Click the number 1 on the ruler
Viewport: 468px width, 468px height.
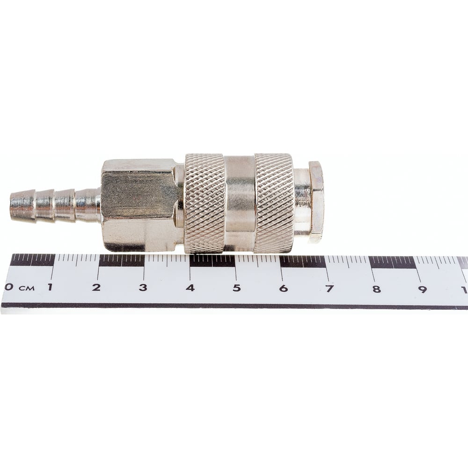(x=50, y=287)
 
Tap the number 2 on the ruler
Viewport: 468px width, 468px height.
(x=96, y=287)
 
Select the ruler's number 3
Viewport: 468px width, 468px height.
(x=143, y=288)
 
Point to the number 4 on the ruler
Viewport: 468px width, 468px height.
(x=190, y=288)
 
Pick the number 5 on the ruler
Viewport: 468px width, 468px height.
(x=237, y=288)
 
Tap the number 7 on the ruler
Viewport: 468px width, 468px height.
(x=329, y=289)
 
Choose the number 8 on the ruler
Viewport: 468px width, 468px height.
(x=376, y=289)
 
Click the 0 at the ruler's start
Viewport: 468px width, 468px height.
(x=9, y=287)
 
